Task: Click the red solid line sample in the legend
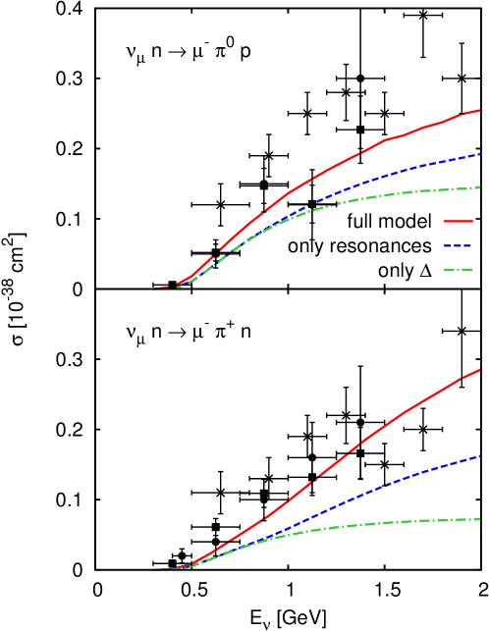(x=458, y=221)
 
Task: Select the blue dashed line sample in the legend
(x=458, y=245)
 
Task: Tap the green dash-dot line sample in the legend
(x=458, y=269)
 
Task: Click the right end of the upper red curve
(x=479, y=110)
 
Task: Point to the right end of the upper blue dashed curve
(x=479, y=154)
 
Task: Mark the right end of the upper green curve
(x=479, y=187)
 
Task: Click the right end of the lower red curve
(x=479, y=370)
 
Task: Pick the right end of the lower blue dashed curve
(x=479, y=456)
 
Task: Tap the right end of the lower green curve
(x=479, y=519)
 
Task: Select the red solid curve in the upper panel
(x=344, y=161)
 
